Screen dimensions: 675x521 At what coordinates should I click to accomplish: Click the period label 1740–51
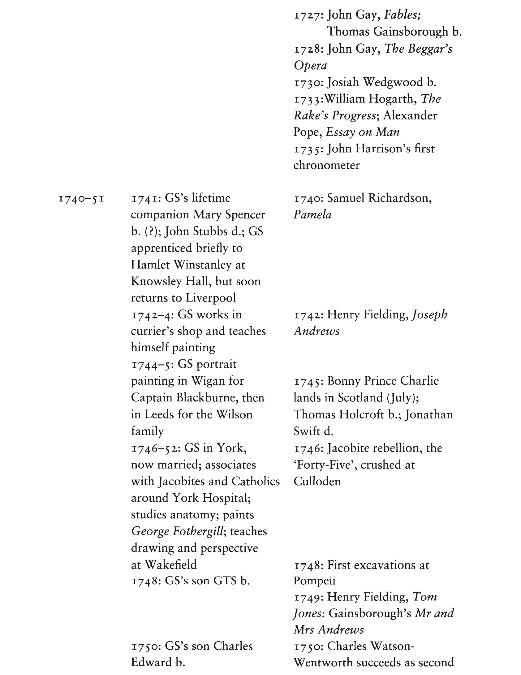(x=81, y=198)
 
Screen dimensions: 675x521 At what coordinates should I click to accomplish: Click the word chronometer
(x=326, y=165)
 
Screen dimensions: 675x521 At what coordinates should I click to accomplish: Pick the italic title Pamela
(x=312, y=215)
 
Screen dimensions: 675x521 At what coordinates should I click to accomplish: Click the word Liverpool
(x=210, y=298)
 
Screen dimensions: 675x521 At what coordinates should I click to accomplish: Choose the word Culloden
(x=317, y=482)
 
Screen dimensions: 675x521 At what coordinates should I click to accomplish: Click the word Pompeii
(x=314, y=581)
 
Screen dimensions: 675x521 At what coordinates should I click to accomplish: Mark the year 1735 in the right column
(x=308, y=149)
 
